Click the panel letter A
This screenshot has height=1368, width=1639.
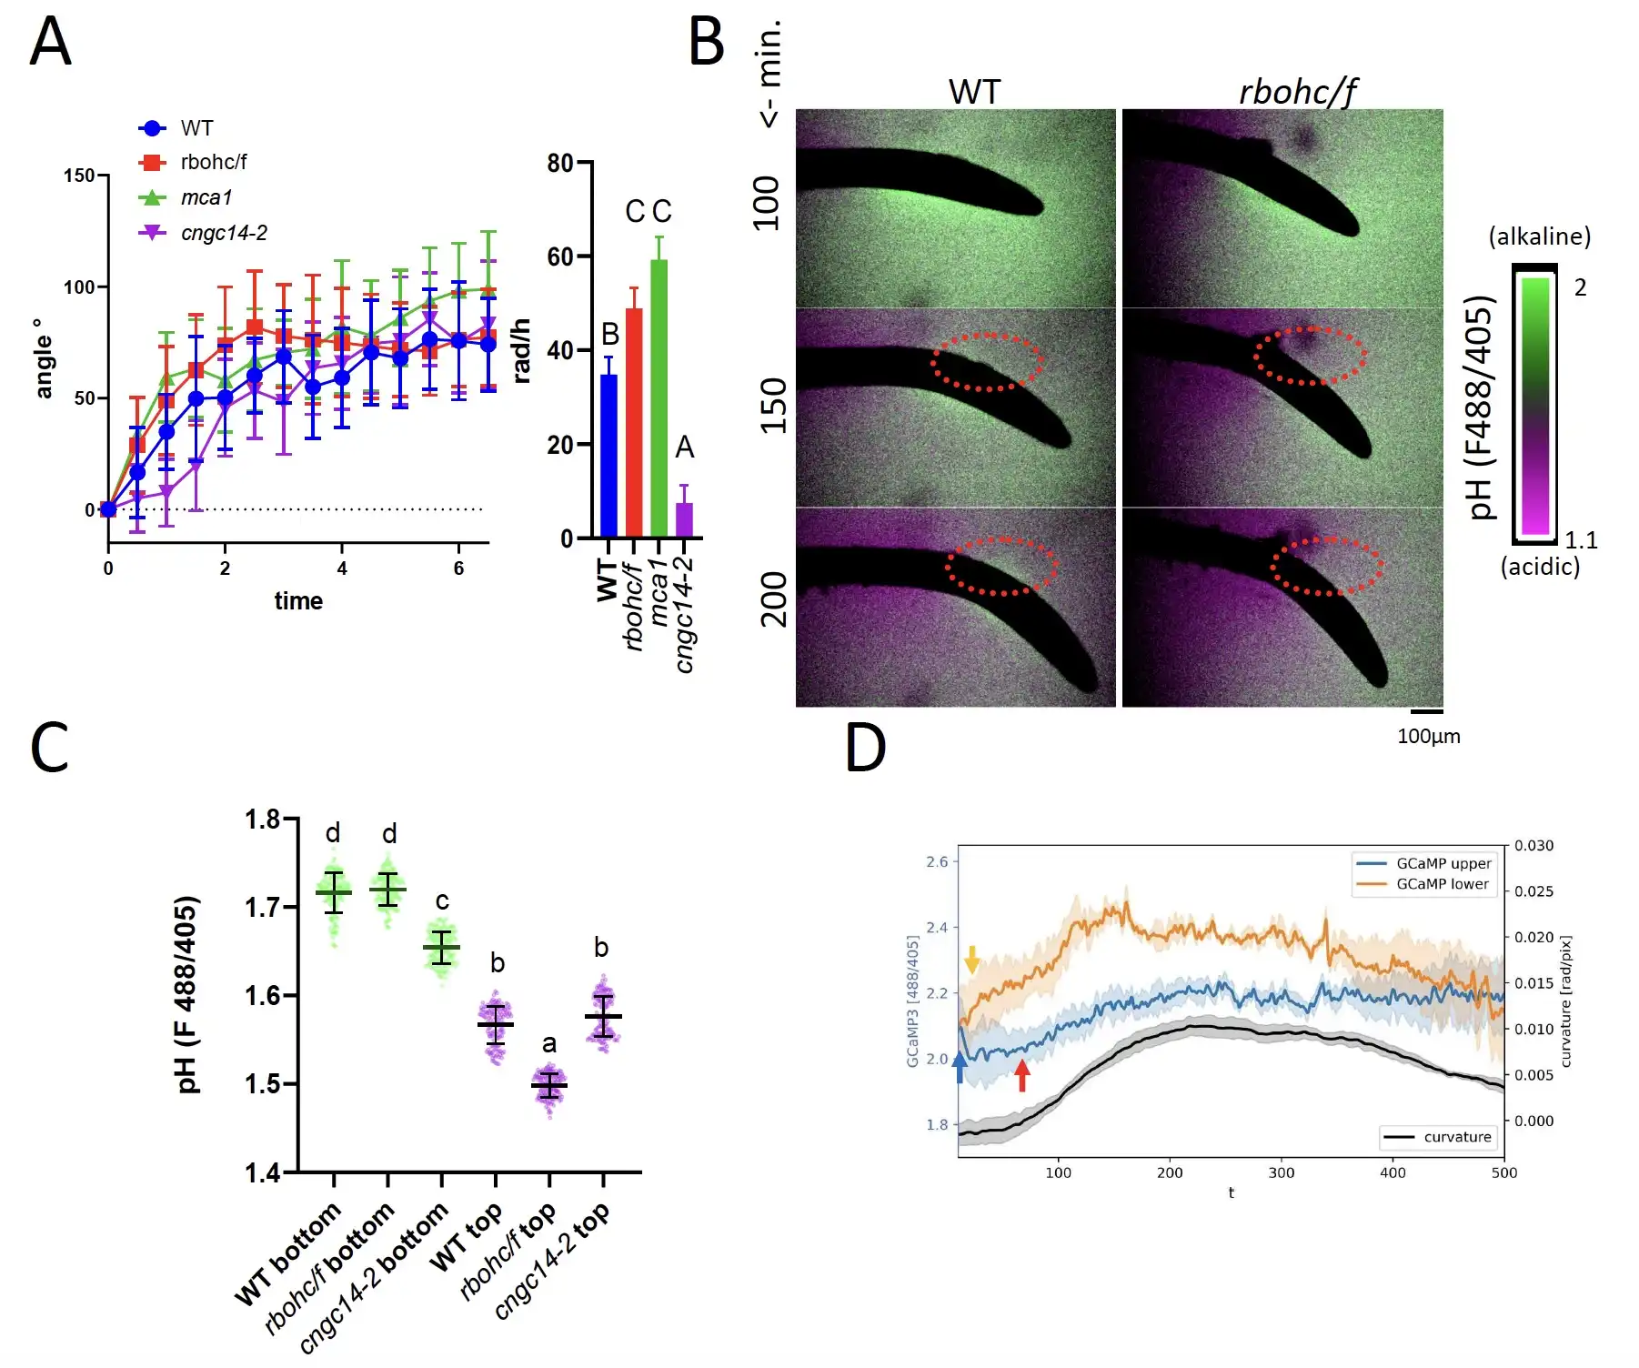50,43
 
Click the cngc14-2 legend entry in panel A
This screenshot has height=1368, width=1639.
223,233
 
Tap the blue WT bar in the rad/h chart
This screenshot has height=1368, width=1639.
608,455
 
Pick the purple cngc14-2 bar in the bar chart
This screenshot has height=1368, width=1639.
684,519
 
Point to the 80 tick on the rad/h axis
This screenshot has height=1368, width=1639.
560,163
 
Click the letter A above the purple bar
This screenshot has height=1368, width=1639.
684,447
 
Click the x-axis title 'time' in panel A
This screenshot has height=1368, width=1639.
298,601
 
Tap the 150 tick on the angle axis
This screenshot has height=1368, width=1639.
79,175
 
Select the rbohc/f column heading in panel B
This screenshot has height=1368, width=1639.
1297,92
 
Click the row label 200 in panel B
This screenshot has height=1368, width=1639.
772,599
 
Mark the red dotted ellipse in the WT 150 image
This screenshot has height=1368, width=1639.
987,362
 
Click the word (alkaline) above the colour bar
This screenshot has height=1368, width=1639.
1539,236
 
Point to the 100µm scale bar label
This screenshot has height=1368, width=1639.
1428,737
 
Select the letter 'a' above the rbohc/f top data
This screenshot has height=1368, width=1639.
549,1043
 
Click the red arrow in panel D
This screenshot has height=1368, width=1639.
1022,1076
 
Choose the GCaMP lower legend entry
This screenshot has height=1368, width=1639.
1442,884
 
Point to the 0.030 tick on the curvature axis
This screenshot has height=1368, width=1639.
1533,846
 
